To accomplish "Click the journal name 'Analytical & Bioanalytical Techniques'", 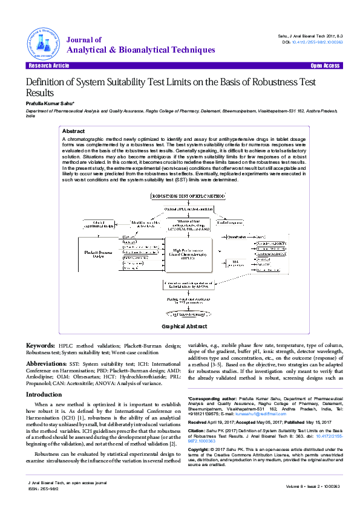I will point(140,50).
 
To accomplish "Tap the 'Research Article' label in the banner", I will point(45,65).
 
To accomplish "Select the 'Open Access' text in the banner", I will point(325,65).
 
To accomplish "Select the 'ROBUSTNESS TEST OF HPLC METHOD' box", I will point(180,196).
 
